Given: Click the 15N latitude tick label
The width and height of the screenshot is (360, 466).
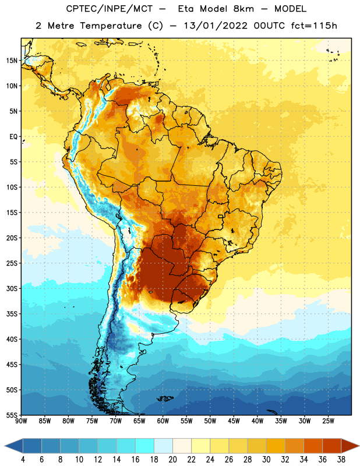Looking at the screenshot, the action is pyautogui.click(x=12, y=61).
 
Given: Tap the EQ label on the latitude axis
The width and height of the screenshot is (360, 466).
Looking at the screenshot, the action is pyautogui.click(x=13, y=137).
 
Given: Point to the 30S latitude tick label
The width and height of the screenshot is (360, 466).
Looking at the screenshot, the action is pyautogui.click(x=12, y=288).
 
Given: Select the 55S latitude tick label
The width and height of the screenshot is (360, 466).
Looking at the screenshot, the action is pyautogui.click(x=12, y=415).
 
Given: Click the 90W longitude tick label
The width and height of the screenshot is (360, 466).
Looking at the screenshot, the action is pyautogui.click(x=21, y=421).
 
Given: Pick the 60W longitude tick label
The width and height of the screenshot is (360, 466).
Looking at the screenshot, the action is pyautogui.click(x=163, y=421).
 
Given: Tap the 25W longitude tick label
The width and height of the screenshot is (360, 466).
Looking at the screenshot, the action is pyautogui.click(x=328, y=421).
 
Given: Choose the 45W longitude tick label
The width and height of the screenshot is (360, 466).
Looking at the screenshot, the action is pyautogui.click(x=234, y=421).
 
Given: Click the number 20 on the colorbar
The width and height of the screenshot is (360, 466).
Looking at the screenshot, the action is pyautogui.click(x=172, y=460).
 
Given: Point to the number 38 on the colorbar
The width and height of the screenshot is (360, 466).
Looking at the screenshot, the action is pyautogui.click(x=341, y=460).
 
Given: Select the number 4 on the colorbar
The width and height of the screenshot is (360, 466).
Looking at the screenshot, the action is pyautogui.click(x=23, y=460).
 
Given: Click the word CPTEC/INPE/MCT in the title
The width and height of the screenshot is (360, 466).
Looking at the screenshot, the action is pyautogui.click(x=110, y=9).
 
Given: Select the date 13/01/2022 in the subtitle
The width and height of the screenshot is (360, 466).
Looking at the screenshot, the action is pyautogui.click(x=216, y=26).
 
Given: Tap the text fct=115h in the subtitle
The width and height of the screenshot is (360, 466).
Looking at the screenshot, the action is pyautogui.click(x=314, y=26).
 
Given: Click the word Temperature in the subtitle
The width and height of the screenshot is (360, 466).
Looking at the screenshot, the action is pyautogui.click(x=111, y=26).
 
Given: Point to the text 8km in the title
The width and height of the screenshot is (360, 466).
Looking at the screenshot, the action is pyautogui.click(x=243, y=9).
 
